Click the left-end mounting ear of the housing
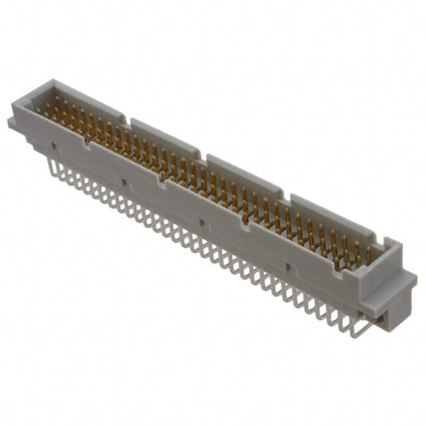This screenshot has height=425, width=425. click(13, 123)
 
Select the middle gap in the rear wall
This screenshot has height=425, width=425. click(203, 157)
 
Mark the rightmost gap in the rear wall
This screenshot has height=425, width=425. click(286, 195)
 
